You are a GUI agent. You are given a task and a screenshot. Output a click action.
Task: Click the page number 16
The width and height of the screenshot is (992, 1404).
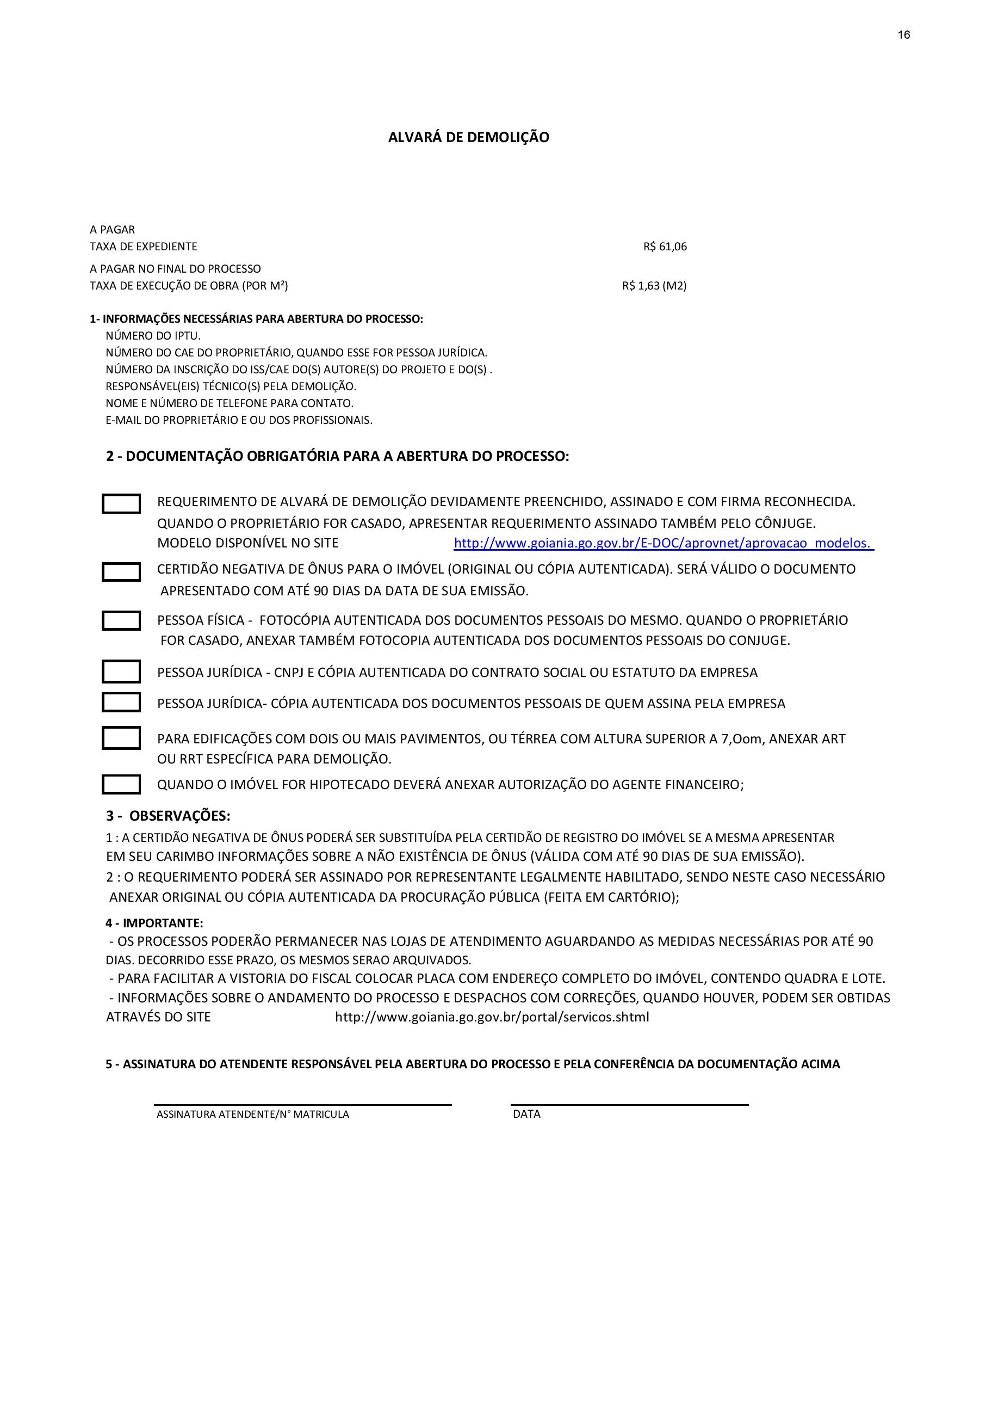point(903,35)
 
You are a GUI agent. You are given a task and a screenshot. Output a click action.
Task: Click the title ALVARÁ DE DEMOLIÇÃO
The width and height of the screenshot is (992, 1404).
point(468,137)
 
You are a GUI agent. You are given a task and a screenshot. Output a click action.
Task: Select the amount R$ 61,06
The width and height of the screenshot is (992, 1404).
point(665,247)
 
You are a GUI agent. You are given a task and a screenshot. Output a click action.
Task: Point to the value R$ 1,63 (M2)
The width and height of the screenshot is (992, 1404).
point(654,286)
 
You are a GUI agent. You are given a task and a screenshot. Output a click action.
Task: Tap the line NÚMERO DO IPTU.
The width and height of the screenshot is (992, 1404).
point(153,336)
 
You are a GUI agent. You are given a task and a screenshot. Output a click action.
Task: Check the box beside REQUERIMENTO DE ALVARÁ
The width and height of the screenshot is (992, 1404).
point(121,504)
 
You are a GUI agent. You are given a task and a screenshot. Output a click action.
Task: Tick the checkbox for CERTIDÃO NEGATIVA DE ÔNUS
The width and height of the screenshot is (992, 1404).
point(121,572)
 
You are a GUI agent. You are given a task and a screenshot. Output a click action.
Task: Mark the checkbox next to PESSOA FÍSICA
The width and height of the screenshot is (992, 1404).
point(121,621)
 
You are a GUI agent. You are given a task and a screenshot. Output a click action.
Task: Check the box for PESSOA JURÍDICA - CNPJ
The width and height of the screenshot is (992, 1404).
point(121,672)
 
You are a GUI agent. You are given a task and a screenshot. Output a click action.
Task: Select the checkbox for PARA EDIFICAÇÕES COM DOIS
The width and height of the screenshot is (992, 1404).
point(121,738)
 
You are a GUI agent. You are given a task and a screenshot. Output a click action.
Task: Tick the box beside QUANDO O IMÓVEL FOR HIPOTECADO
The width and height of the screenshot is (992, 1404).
point(121,785)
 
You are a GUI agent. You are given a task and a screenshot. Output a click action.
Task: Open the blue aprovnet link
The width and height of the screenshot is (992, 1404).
point(663,543)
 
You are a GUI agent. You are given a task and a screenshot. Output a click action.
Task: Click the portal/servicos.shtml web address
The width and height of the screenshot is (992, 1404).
point(492,1017)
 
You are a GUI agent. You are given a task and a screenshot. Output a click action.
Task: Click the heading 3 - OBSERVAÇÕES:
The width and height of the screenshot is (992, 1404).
point(168,816)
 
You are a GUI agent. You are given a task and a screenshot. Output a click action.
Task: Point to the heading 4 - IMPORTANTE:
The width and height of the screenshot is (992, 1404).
point(154,923)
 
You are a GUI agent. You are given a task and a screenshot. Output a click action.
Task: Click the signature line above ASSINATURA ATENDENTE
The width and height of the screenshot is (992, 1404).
point(302,1104)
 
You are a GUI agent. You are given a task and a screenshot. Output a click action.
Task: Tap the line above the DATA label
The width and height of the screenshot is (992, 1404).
point(630,1104)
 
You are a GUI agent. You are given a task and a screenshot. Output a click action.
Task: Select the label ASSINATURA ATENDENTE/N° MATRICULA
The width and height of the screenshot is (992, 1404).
point(252,1114)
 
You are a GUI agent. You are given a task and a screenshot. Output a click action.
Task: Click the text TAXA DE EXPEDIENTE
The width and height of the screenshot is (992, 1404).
point(144,247)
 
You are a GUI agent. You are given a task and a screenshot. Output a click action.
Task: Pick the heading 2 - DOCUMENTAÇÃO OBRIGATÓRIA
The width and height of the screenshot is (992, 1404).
point(337,456)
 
